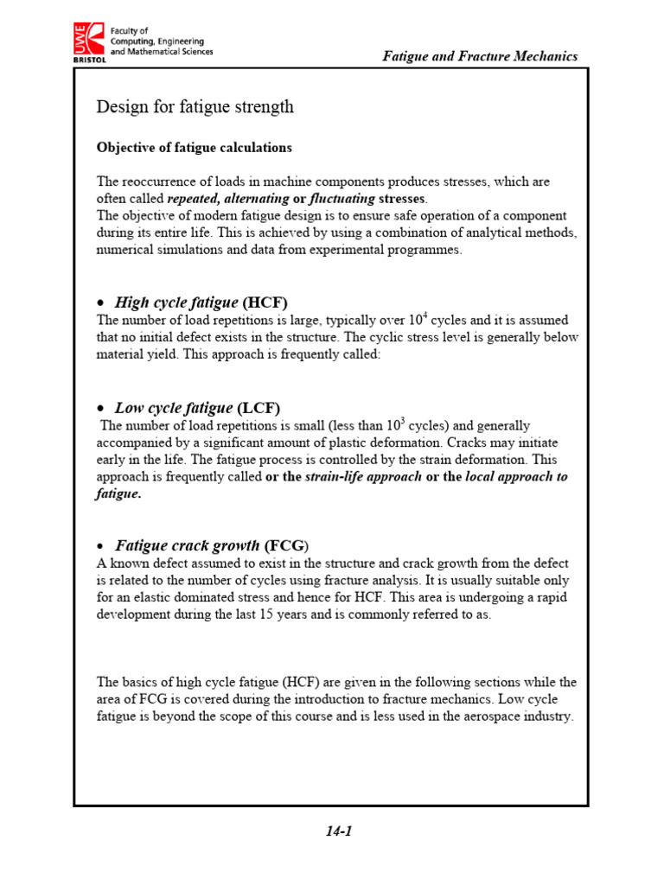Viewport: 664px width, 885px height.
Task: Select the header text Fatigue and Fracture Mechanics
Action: [x=481, y=56]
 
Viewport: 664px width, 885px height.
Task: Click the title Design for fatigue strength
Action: [x=195, y=107]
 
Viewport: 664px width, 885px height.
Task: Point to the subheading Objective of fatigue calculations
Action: [x=194, y=148]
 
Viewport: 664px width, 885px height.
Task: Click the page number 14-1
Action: [x=339, y=831]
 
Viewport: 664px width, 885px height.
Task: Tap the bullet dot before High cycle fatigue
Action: [x=101, y=303]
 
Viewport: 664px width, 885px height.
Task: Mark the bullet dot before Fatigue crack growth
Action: [x=101, y=547]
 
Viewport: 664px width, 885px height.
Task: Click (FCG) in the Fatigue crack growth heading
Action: [x=286, y=546]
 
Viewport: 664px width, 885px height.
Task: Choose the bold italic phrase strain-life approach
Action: [x=364, y=477]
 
